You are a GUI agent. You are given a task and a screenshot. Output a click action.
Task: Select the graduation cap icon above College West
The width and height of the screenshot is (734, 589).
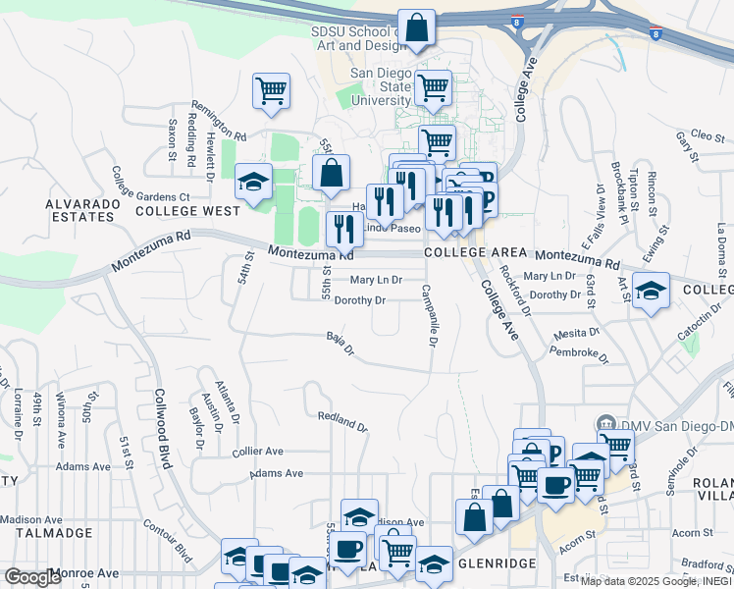click(x=253, y=182)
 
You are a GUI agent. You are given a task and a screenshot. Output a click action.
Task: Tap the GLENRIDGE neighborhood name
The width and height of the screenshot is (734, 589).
click(x=495, y=562)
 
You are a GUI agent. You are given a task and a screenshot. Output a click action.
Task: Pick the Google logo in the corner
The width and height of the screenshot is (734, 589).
click(x=33, y=577)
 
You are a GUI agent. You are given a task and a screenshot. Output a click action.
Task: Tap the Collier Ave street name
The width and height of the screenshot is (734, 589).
click(x=257, y=452)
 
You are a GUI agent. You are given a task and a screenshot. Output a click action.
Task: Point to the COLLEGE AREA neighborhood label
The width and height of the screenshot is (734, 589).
click(x=469, y=252)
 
